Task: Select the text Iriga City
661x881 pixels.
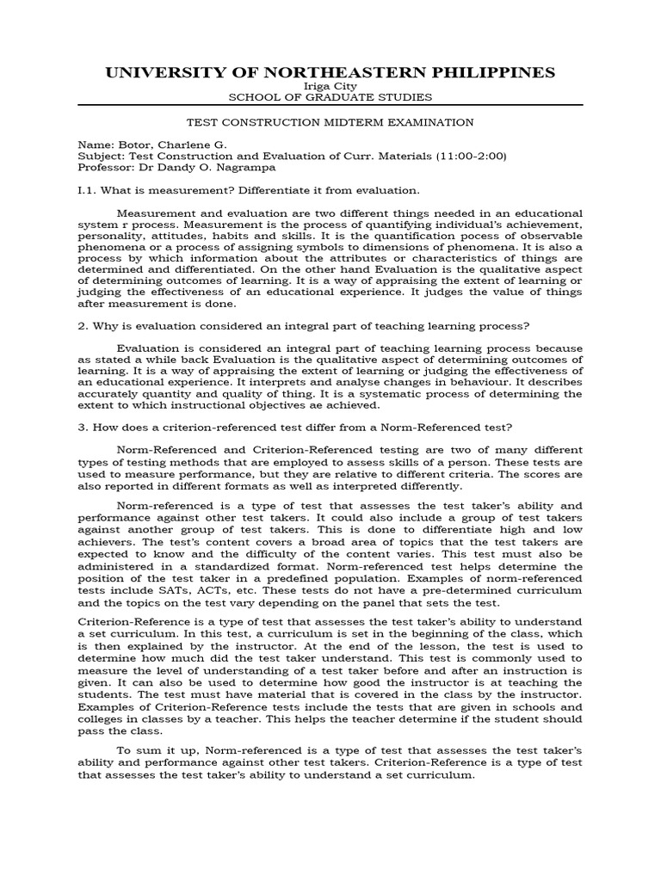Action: click(330, 87)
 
